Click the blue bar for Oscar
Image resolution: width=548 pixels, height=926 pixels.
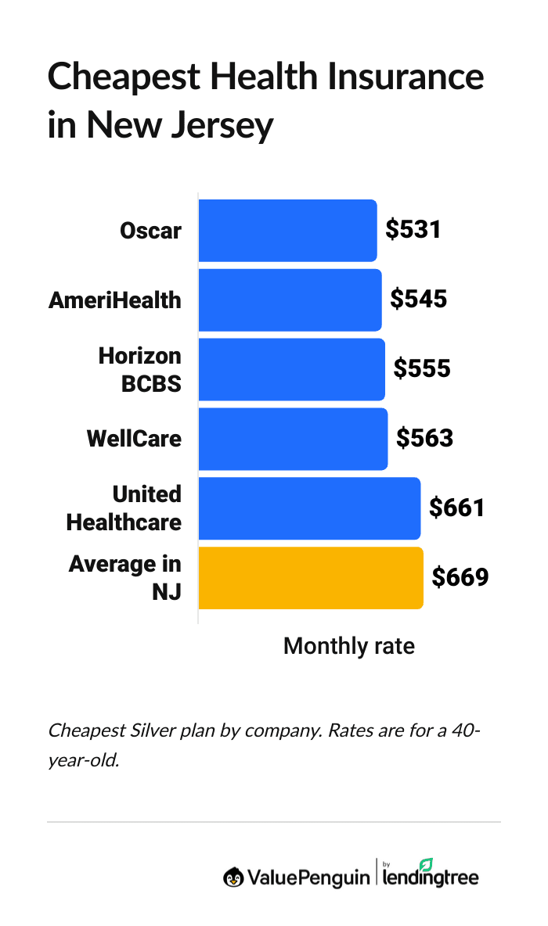(x=287, y=231)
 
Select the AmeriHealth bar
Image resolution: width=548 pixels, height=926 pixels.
(x=290, y=300)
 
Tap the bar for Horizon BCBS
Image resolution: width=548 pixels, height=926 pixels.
(x=291, y=369)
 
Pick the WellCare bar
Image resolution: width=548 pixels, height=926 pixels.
(x=293, y=439)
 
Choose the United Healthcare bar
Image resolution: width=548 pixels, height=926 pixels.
(x=309, y=508)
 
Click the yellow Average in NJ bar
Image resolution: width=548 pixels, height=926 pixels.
(x=311, y=578)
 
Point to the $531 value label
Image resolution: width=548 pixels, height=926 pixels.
(x=413, y=230)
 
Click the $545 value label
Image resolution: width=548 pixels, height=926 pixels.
(x=419, y=300)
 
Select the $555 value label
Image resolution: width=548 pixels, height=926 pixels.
(x=422, y=369)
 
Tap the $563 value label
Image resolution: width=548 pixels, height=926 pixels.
(x=424, y=439)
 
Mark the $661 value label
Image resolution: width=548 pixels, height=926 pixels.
(x=457, y=508)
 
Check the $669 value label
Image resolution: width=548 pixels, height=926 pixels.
(x=460, y=578)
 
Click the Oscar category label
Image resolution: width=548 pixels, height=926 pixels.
(x=150, y=231)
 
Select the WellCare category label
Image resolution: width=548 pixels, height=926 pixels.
(x=134, y=439)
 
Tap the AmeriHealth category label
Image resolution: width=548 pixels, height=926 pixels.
(x=114, y=300)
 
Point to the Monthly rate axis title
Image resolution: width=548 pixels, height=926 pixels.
(x=348, y=647)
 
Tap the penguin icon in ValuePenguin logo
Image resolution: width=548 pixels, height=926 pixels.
(x=233, y=878)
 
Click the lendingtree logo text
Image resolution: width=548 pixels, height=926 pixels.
(x=431, y=878)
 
